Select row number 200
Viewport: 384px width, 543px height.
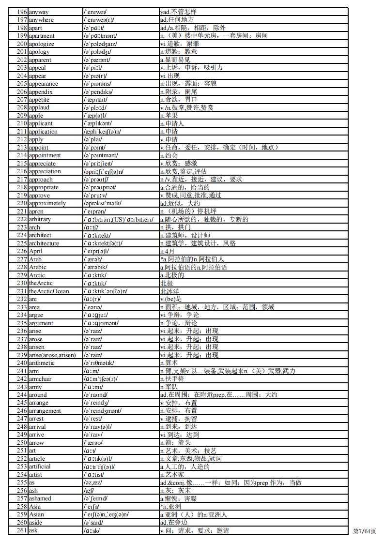pos(22,44)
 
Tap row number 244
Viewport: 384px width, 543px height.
pos(22,395)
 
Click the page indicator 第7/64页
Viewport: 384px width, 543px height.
pos(365,531)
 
